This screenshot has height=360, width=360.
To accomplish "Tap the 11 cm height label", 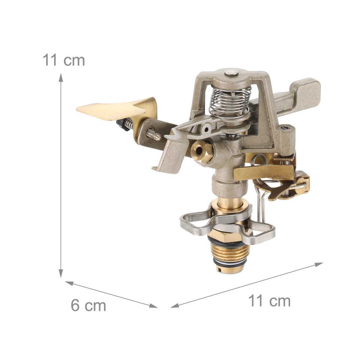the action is tap(64, 60).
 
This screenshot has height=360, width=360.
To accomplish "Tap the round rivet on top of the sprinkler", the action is tap(231, 72).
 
